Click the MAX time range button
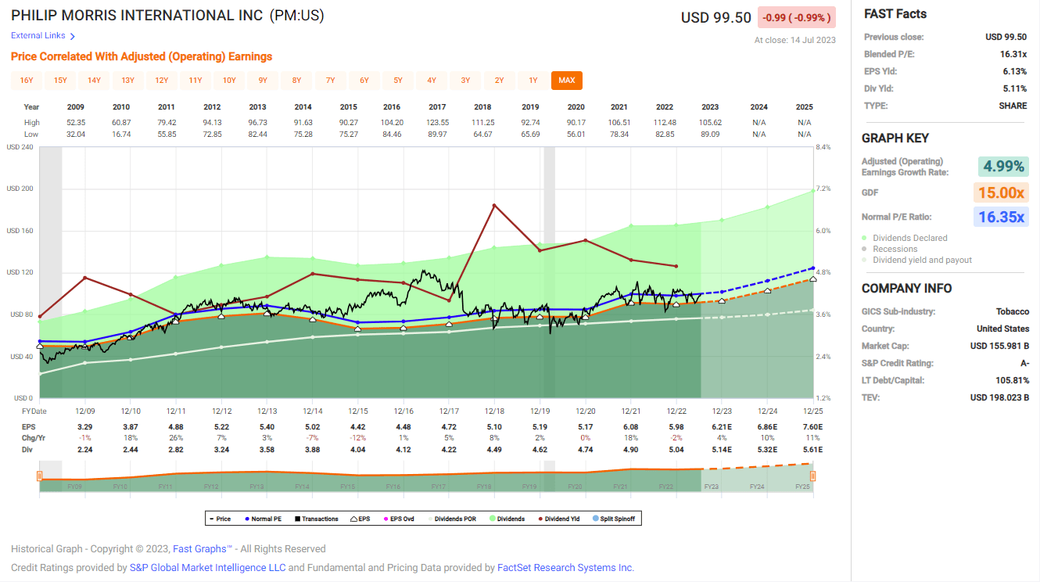pyautogui.click(x=567, y=81)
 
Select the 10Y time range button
pyautogui.click(x=229, y=81)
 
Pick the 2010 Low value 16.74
pyautogui.click(x=121, y=134)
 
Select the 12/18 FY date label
pyautogui.click(x=493, y=411)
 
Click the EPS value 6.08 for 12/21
pyautogui.click(x=629, y=426)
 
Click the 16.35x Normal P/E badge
pyautogui.click(x=1001, y=217)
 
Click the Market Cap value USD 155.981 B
pyautogui.click(x=999, y=346)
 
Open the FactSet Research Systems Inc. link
pyautogui.click(x=565, y=568)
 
